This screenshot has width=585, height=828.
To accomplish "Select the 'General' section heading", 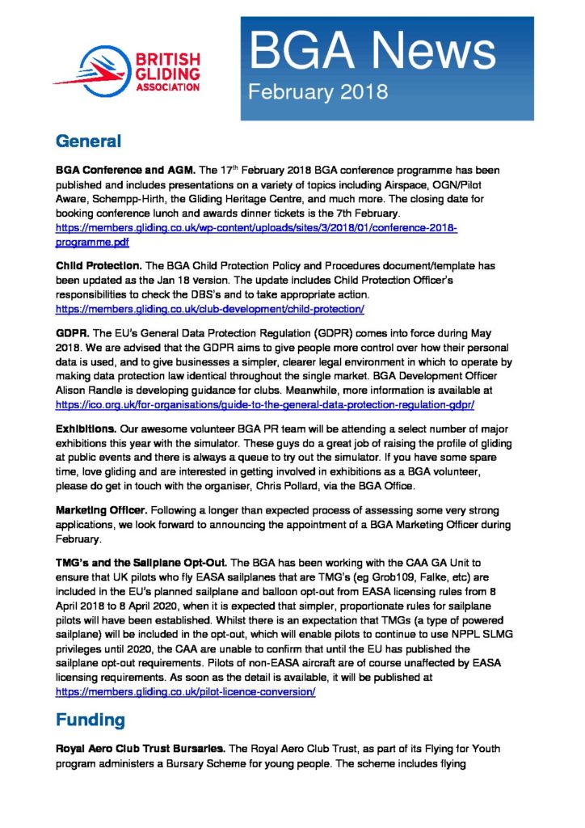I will (x=88, y=142).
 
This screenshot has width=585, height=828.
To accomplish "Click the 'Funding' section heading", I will (x=90, y=718).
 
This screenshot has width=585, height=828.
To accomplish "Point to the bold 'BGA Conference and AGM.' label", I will (x=124, y=171).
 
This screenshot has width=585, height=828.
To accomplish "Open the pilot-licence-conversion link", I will (x=185, y=692).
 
